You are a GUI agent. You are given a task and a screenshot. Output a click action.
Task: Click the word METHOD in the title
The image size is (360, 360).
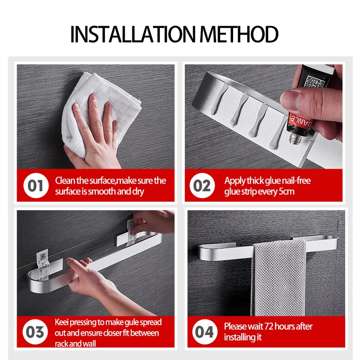click(239, 34)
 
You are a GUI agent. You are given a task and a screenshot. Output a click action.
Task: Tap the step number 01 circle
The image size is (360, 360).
click(36, 185)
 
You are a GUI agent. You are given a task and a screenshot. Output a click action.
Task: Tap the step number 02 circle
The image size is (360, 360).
click(202, 185)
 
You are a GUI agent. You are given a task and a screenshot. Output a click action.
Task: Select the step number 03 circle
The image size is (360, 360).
click(35, 332)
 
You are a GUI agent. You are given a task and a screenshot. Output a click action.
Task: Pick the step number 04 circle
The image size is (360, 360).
click(204, 332)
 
